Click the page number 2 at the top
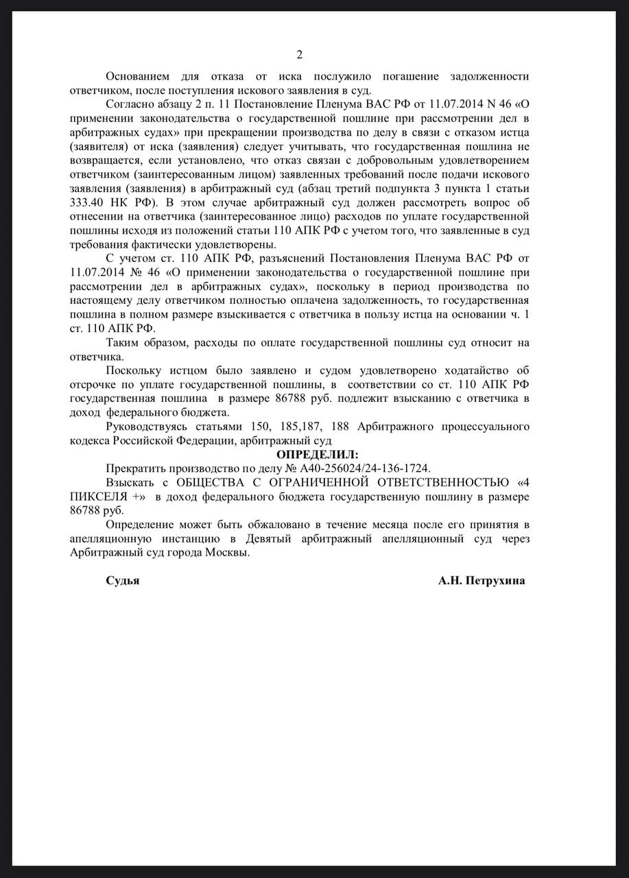(299, 55)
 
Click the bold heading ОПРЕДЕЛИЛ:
(317, 455)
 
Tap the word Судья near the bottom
(123, 580)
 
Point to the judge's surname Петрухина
(496, 580)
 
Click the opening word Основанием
(139, 76)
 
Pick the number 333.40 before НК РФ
(88, 202)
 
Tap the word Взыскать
(129, 482)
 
